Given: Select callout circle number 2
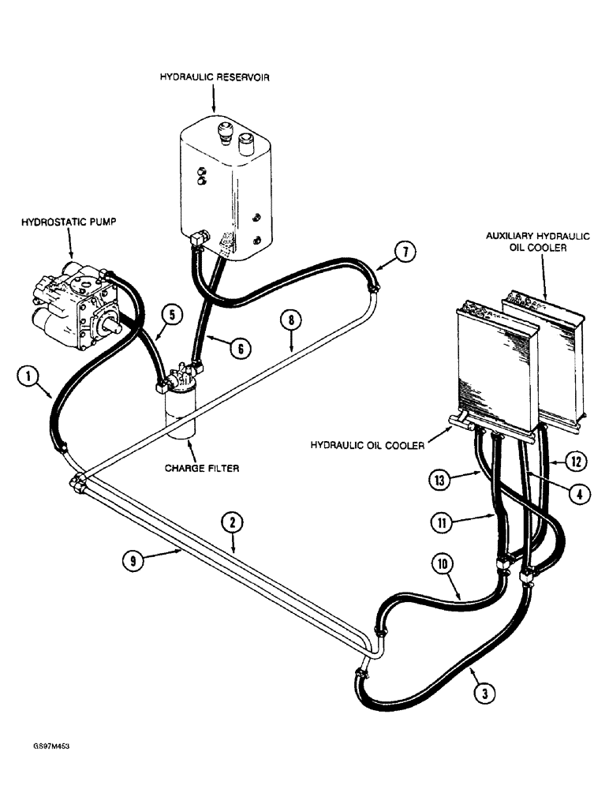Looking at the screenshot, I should pos(232,522).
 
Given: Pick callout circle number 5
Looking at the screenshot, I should pos(174,313).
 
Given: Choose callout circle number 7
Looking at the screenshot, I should pos(403,253).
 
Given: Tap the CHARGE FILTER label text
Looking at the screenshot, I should pos(202,467).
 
